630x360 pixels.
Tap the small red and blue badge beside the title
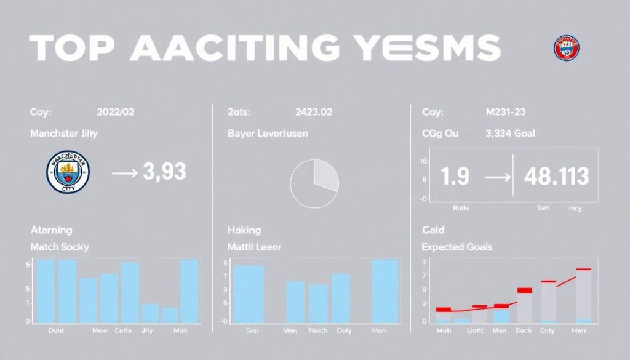coord(566,47)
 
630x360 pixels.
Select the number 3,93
coord(164,172)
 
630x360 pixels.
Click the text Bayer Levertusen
coord(268,133)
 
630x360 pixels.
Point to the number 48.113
coord(556,177)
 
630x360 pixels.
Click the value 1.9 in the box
coord(455,177)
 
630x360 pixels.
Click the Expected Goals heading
coord(456,247)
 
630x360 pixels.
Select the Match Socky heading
coord(60,247)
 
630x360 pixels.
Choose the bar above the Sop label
coord(249,294)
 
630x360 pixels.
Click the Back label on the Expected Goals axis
coord(524,331)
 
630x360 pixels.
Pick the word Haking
coord(244,230)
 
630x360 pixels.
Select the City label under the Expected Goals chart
coord(547,331)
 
